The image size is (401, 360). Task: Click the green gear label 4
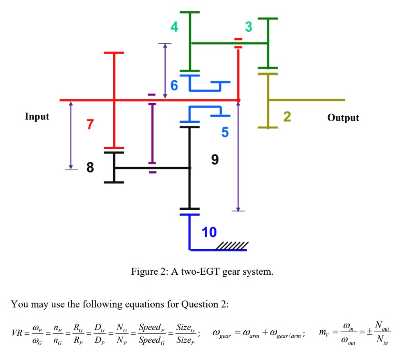[174, 27]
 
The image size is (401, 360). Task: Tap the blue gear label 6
[174, 85]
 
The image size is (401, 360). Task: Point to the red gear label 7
[90, 125]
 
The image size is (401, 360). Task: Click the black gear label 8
[90, 168]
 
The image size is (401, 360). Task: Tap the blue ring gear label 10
[209, 232]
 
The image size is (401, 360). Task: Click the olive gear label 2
[287, 117]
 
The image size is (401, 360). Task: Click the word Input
[37, 117]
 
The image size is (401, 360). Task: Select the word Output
[343, 118]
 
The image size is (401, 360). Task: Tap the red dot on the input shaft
[238, 100]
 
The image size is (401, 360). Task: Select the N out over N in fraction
[378, 333]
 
